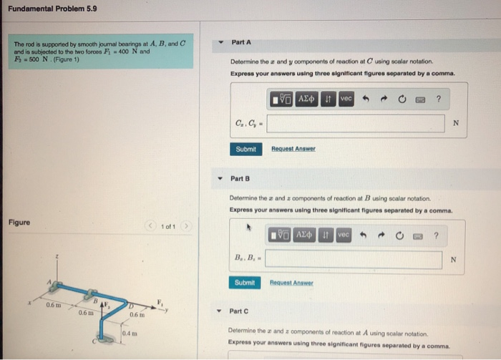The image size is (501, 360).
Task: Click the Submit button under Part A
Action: click(245, 149)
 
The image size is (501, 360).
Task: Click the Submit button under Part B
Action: click(244, 283)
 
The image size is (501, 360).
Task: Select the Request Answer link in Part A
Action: click(293, 149)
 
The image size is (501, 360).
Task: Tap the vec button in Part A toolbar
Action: click(346, 97)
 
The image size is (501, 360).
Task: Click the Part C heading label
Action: click(239, 311)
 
